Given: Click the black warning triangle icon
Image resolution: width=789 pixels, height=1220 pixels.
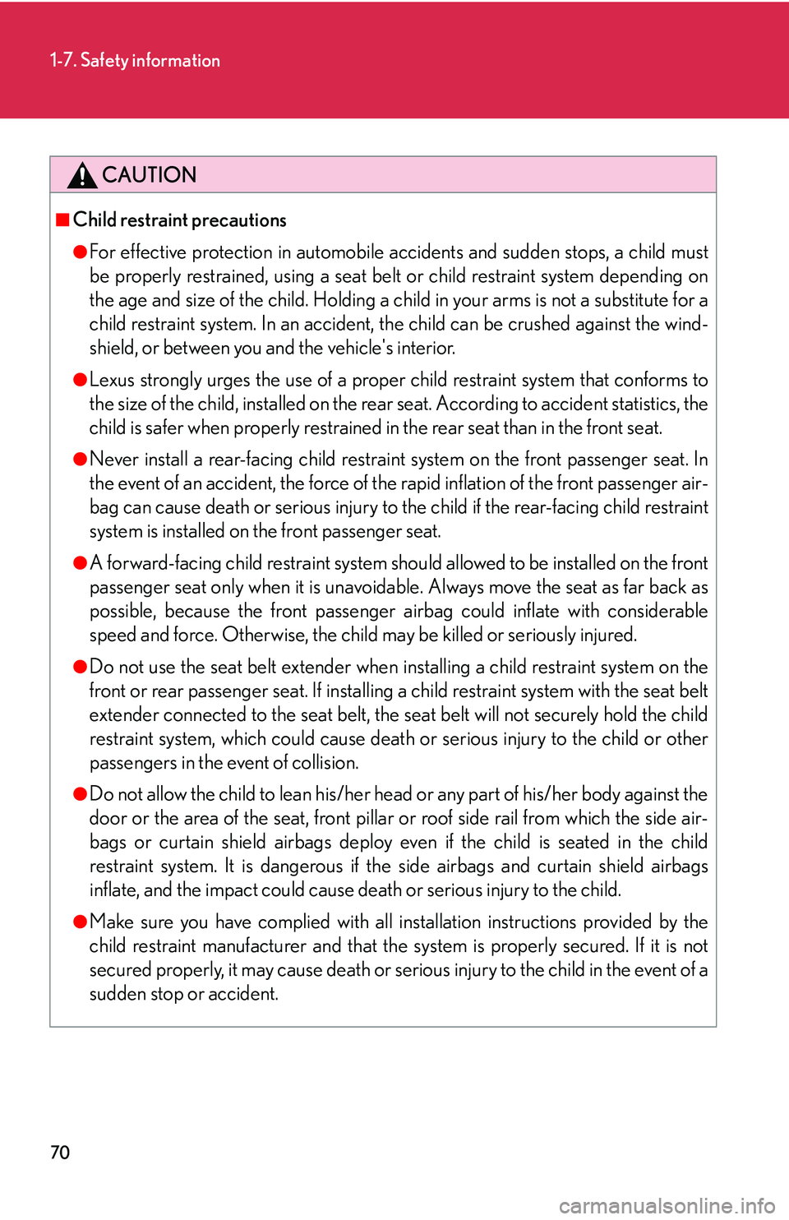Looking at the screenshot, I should click(x=82, y=175).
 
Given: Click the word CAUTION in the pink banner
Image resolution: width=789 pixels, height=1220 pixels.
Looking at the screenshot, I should click(x=150, y=175).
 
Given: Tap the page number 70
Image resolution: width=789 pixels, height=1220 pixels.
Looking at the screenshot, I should click(x=60, y=1152).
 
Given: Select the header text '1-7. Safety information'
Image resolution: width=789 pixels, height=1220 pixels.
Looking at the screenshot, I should click(x=135, y=61).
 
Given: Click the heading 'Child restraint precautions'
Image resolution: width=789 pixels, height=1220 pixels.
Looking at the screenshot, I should click(x=179, y=220).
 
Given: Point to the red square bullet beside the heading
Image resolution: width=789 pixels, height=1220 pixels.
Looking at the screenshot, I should click(x=62, y=220).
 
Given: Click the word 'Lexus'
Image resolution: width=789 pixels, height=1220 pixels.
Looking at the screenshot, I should click(x=112, y=380).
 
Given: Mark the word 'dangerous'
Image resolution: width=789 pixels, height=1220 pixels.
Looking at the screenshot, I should click(x=303, y=866).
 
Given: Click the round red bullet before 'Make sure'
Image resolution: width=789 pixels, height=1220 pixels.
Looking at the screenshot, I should click(x=80, y=922).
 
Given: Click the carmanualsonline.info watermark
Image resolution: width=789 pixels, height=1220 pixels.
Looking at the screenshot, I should click(x=667, y=1206).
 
